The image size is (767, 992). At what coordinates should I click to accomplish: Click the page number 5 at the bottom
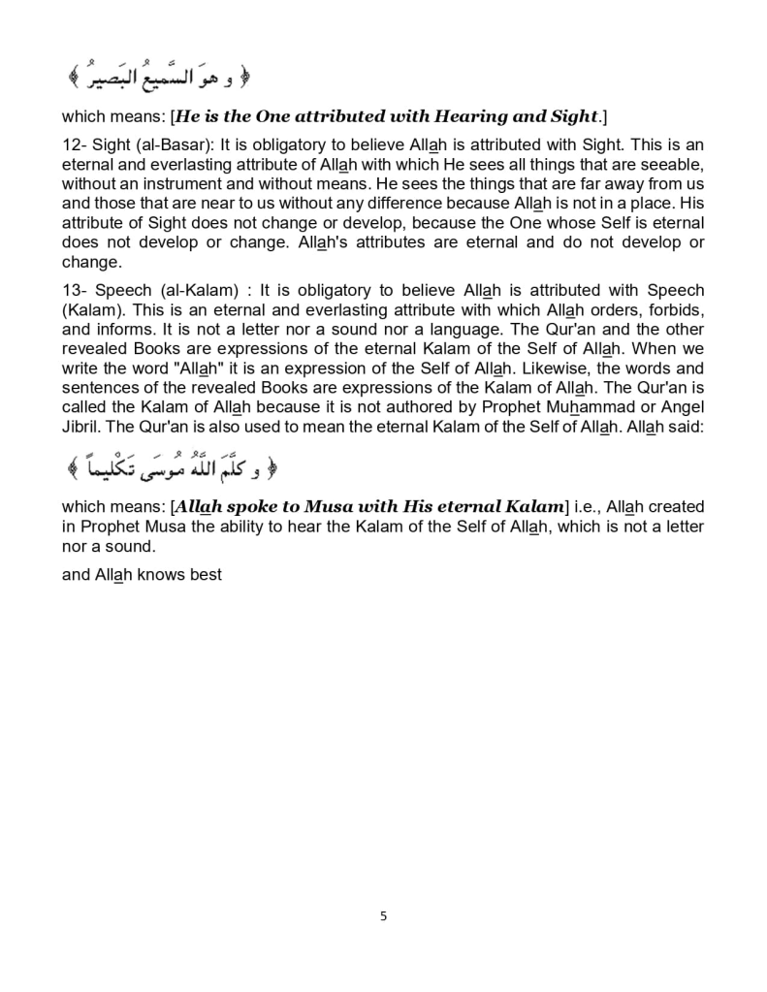[383, 915]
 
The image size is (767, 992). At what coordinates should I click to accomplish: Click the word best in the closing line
[205, 574]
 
